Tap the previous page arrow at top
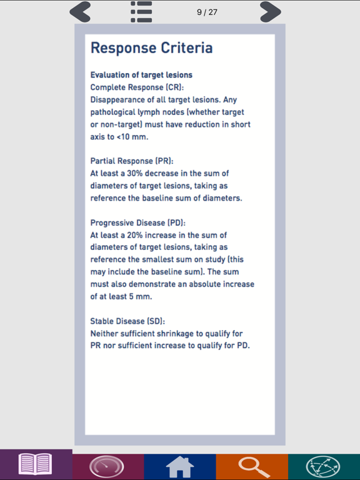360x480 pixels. tap(81, 12)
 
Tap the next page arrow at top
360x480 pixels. tap(270, 12)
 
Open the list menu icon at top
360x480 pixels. tap(142, 12)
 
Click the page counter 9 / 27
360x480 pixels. tap(207, 12)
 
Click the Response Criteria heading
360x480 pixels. tap(151, 48)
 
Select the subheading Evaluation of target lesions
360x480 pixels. tap(141, 75)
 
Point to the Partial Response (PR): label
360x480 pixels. tap(127, 161)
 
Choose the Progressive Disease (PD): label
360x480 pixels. tap(138, 222)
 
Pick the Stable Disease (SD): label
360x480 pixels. tap(128, 321)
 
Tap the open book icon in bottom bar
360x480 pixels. tap(36, 465)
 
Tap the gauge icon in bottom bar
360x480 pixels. tap(107, 466)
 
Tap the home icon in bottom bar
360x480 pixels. tap(179, 466)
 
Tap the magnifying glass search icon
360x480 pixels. tap(251, 466)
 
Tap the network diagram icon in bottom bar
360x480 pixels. tap(323, 466)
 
